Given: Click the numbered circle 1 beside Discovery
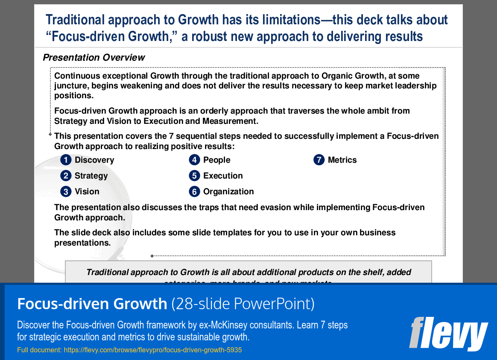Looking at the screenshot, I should coord(66,160).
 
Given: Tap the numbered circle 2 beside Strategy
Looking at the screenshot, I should coord(66,176).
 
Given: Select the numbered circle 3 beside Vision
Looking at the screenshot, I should coord(66,192).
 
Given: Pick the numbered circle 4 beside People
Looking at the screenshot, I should coord(194,160).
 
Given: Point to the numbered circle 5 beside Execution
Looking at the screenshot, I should coord(194,176).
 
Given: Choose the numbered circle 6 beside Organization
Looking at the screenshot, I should coord(194,192).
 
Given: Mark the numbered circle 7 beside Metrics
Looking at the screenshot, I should coord(319,160).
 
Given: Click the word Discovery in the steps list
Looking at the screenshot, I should coord(94,160).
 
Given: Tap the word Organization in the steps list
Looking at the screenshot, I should coord(228,192).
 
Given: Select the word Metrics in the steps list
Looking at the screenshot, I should coord(342,160).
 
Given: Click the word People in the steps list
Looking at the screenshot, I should coord(216,160).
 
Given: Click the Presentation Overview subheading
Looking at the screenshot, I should coord(94,58).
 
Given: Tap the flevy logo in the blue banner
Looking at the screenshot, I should coord(448,333).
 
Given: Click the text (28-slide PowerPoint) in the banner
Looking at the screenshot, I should coord(243,304).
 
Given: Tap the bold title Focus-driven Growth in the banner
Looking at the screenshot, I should coord(92,304).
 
